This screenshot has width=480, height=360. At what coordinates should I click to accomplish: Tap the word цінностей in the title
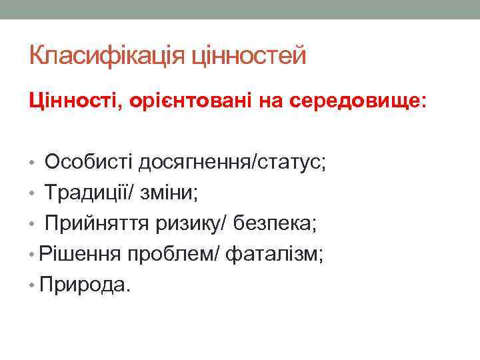tap(248, 55)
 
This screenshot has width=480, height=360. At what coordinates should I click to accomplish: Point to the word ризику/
tap(201, 223)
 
